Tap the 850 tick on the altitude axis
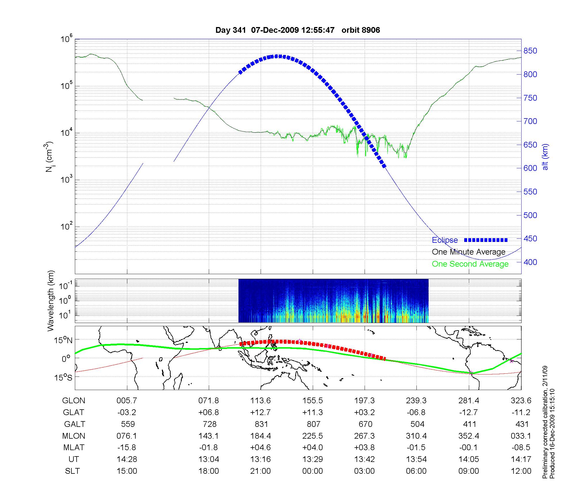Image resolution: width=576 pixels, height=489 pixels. tap(530, 51)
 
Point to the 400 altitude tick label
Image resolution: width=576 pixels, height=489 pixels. tap(530, 262)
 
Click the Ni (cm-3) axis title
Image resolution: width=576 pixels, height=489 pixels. tap(49, 157)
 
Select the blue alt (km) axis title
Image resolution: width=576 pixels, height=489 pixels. tap(545, 157)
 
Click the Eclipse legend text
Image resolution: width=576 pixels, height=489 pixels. tap(445, 240)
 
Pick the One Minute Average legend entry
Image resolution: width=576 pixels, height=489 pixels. tap(469, 252)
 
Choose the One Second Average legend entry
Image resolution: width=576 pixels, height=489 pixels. tap(470, 264)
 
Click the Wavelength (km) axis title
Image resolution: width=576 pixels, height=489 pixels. tap(50, 301)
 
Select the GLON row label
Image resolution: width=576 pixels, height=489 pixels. tap(74, 401)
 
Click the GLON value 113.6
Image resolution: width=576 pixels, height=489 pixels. tap(261, 401)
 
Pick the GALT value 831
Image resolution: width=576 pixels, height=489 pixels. tap(261, 424)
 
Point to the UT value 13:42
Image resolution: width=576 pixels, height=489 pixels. tap(365, 459)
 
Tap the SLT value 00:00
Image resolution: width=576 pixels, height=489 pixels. tap(313, 471)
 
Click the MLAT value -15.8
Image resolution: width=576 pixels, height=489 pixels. tap(127, 448)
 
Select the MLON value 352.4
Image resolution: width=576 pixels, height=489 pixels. tap(469, 436)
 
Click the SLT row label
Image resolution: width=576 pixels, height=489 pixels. tap(72, 471)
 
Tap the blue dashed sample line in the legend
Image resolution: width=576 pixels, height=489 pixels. tap(486, 240)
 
